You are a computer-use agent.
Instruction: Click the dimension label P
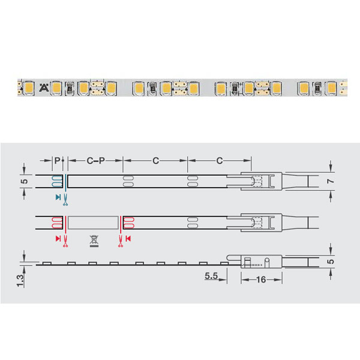coord(57,160)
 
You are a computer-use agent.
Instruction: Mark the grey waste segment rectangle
coord(92,223)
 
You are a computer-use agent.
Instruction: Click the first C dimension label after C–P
coord(155,160)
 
